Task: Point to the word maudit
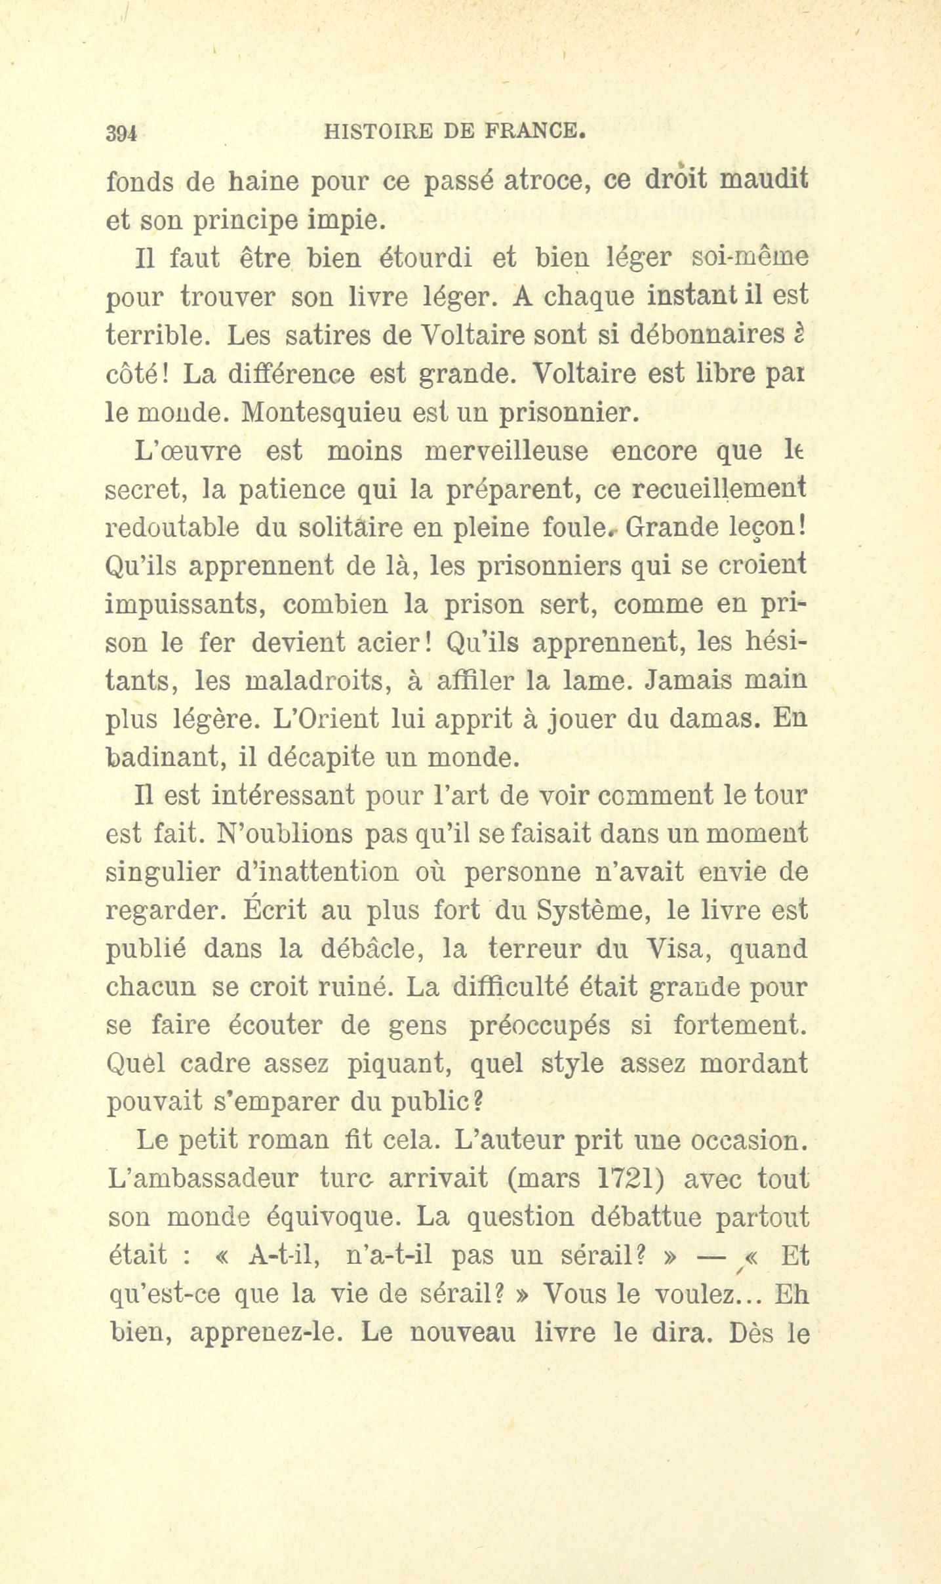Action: tap(763, 180)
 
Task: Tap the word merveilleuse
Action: tap(510, 451)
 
